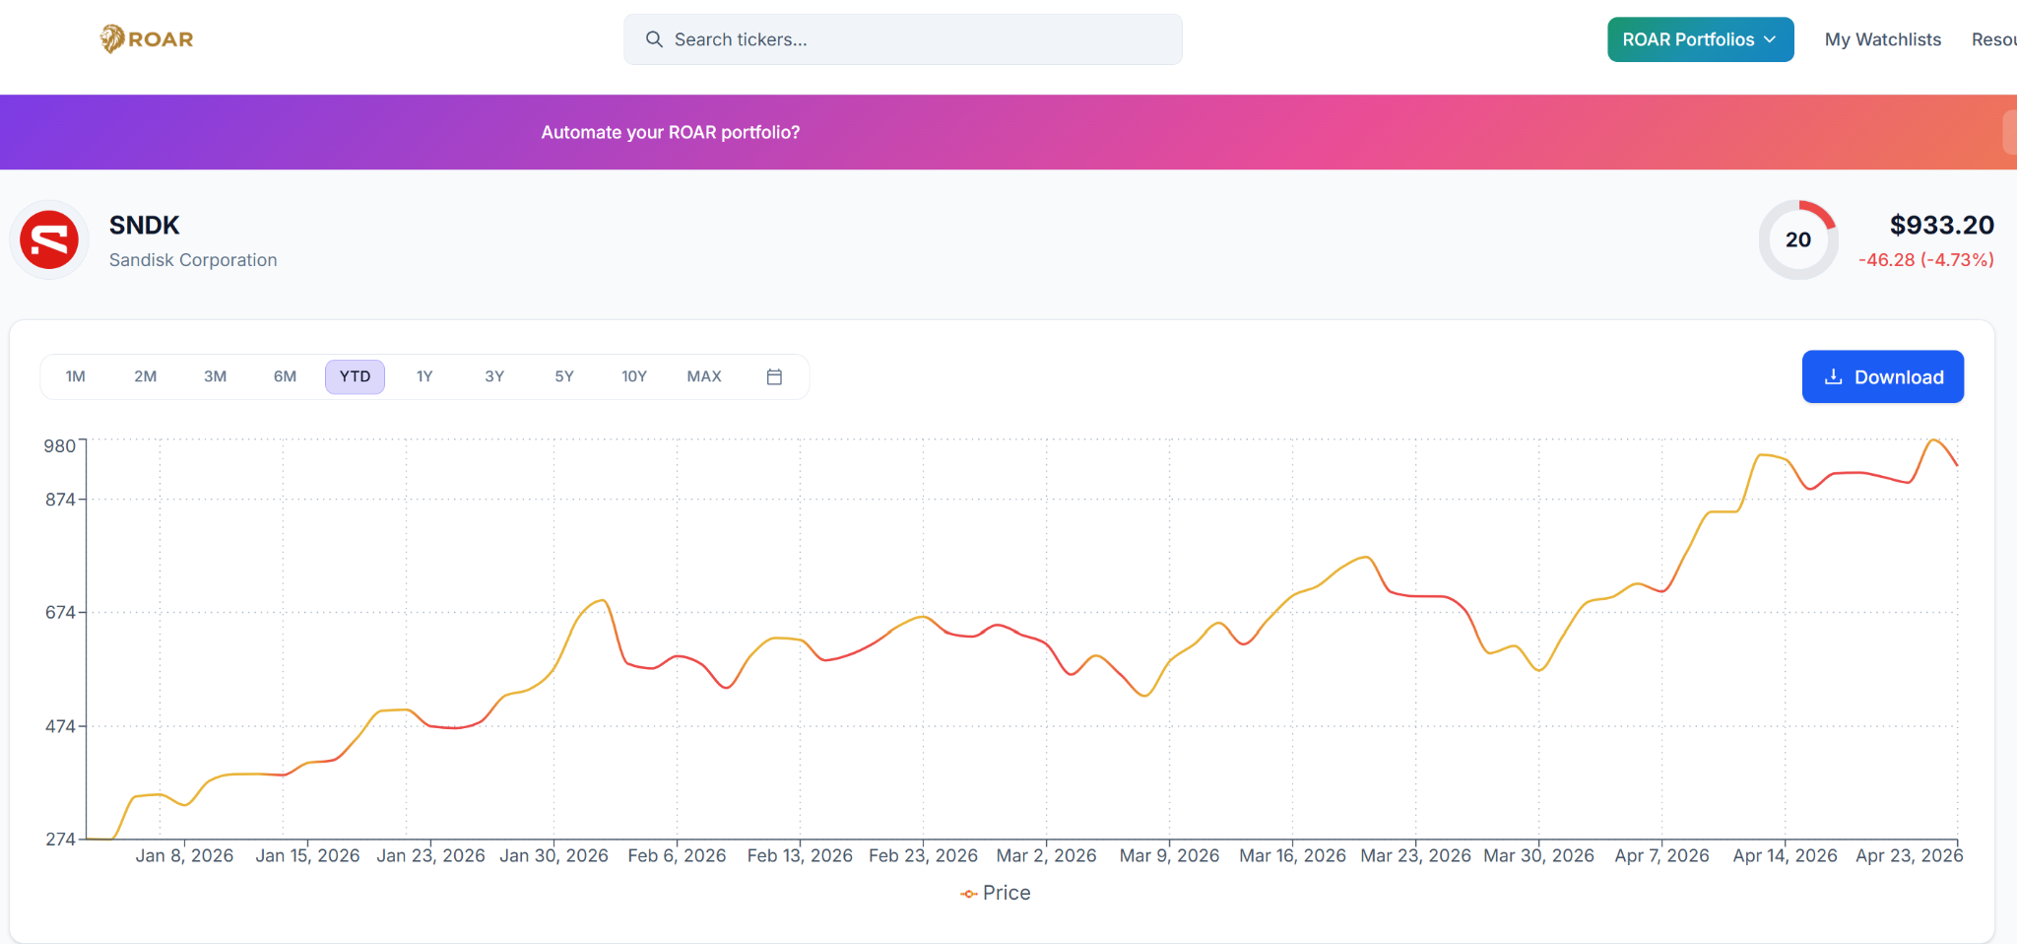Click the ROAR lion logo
[146, 39]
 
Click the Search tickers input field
[902, 39]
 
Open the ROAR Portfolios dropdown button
[1700, 39]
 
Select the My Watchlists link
[1882, 39]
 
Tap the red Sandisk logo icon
[49, 240]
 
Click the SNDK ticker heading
[144, 226]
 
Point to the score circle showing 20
[1797, 239]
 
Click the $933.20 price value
[1941, 226]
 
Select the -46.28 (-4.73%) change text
[1925, 260]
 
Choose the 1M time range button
[75, 376]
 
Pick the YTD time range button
[355, 376]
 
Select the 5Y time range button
[563, 376]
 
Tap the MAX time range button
[704, 376]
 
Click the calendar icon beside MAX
[774, 376]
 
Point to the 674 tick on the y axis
[61, 613]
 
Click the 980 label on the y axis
[60, 446]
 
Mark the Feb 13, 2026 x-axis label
[800, 855]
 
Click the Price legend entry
[996, 893]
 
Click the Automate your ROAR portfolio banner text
[670, 132]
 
